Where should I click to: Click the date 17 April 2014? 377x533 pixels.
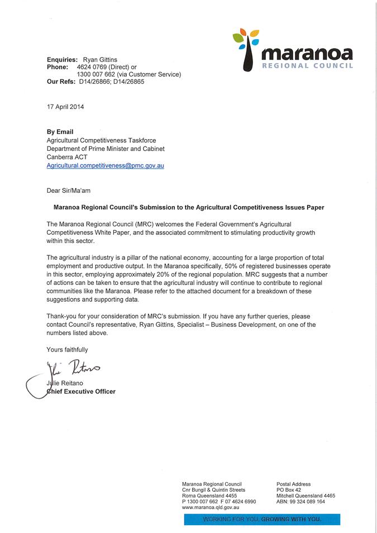(x=65, y=106)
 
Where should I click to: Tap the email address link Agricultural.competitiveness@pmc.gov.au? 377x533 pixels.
(x=105, y=166)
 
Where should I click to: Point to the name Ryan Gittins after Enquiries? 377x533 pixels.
(x=101, y=59)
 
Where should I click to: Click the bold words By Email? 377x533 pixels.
(x=60, y=132)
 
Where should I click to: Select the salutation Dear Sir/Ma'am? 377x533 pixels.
(x=68, y=191)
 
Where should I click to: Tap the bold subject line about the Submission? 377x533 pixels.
(x=188, y=207)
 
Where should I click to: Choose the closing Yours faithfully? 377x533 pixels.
(x=67, y=350)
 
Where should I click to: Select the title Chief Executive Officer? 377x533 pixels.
(x=81, y=392)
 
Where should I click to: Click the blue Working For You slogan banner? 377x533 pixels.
(x=262, y=520)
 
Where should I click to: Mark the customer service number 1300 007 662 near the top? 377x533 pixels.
(x=98, y=74)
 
